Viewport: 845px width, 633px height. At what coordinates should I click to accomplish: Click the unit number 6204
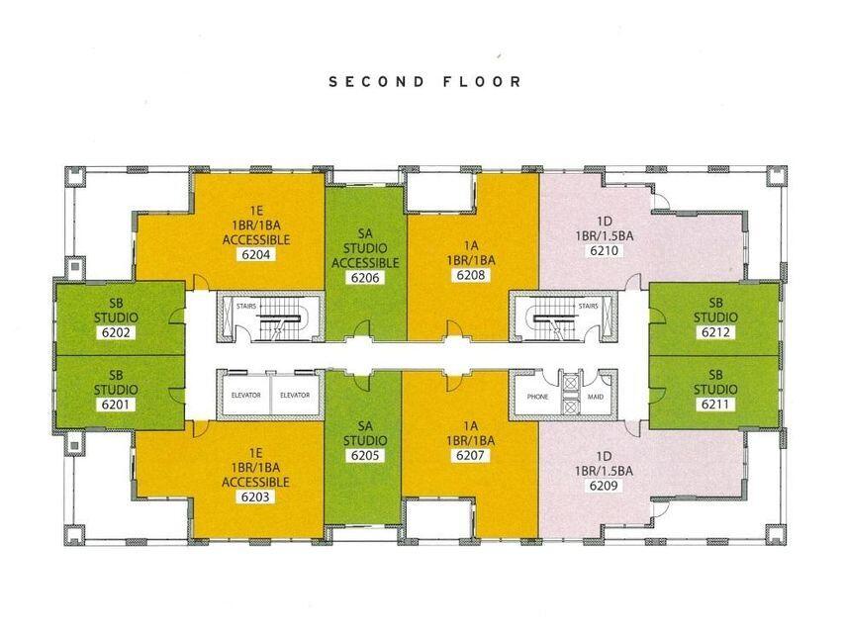click(x=255, y=254)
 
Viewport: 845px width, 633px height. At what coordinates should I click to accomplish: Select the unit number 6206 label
click(x=365, y=278)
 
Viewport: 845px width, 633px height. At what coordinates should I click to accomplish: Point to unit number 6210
click(x=604, y=251)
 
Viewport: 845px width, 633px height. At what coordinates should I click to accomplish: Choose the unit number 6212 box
click(x=715, y=332)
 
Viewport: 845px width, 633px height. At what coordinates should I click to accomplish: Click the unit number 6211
click(x=715, y=405)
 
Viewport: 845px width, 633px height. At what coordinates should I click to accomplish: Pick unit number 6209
click(x=604, y=486)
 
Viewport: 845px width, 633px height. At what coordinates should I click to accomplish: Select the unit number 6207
click(x=470, y=456)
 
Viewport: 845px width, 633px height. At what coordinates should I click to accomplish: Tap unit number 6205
click(x=365, y=456)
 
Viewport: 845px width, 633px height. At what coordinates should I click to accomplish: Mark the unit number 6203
click(x=255, y=497)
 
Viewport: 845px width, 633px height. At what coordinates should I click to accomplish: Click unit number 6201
click(x=116, y=405)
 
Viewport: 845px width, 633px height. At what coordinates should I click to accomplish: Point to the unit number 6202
click(x=116, y=332)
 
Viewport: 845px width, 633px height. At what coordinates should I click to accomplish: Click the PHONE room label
click(x=537, y=396)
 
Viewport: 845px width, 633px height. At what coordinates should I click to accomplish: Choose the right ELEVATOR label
click(x=295, y=396)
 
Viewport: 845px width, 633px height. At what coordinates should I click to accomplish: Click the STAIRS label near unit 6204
click(x=246, y=307)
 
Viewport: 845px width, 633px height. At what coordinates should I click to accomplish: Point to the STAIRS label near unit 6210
click(x=588, y=307)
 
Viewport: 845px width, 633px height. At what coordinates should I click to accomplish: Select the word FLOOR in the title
click(x=481, y=82)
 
